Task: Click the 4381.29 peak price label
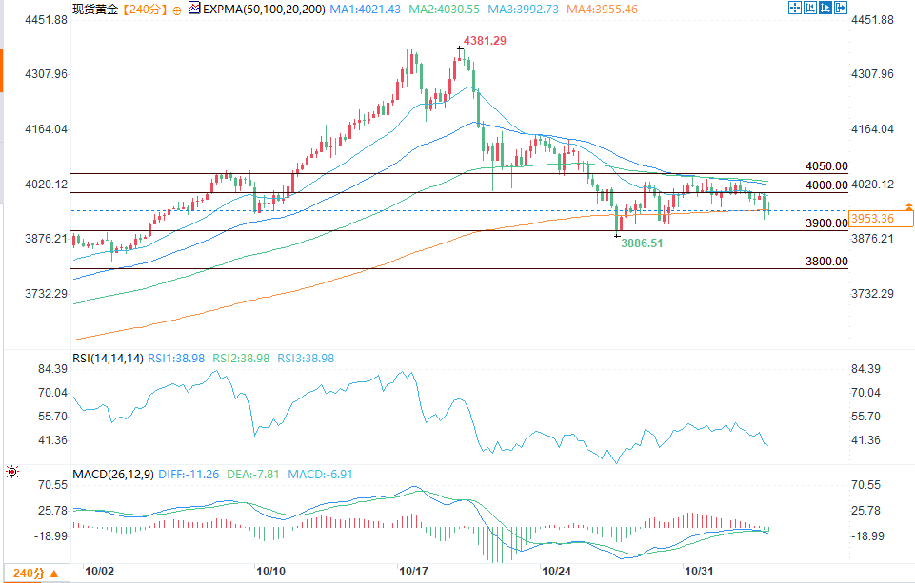tap(485, 41)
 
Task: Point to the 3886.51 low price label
tap(642, 243)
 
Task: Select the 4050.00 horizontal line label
tap(825, 165)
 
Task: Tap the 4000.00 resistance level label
tap(825, 185)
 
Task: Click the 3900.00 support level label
tap(825, 223)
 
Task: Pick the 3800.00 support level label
tap(825, 261)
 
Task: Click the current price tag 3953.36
tap(873, 219)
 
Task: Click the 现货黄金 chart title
tap(93, 9)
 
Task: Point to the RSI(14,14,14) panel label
tap(108, 359)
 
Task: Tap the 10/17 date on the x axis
tap(413, 572)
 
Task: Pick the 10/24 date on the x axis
tap(556, 572)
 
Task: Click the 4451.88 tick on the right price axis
tap(873, 20)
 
